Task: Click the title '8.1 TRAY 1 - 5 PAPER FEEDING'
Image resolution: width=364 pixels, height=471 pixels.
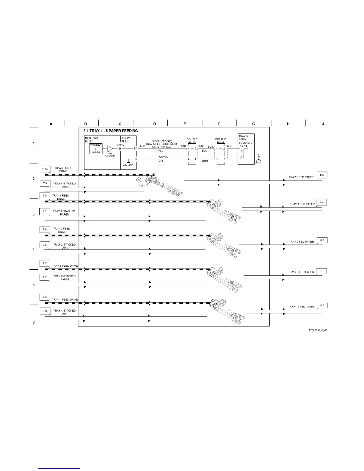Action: pos(111,131)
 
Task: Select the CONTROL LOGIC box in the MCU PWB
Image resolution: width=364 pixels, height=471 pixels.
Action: pos(96,149)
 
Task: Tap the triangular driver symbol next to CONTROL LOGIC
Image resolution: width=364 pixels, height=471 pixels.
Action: pos(110,149)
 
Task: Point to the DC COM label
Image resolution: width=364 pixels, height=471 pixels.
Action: pos(110,156)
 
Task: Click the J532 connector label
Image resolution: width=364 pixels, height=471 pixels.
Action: pos(142,146)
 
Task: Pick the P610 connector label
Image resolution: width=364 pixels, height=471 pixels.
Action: pos(183,146)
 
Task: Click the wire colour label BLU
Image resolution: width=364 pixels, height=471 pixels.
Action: pos(205,151)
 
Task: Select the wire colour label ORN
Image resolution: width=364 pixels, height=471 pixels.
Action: pos(205,161)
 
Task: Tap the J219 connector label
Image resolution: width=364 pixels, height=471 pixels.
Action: pos(230,146)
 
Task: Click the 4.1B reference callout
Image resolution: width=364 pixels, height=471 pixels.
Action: pos(45,169)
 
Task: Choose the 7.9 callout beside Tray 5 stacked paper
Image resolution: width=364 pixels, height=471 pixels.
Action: pos(45,183)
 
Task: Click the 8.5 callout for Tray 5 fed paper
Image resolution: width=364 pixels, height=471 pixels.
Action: pos(322,175)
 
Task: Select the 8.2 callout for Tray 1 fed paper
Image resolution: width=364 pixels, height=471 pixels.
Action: pos(321,202)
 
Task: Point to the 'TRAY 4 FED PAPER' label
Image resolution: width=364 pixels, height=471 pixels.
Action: pos(302,307)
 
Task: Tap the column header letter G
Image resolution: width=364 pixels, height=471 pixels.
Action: pos(254,124)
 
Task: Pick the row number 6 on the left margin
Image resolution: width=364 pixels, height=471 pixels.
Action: pos(34,322)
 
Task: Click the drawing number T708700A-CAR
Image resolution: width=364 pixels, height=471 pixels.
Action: pos(318,330)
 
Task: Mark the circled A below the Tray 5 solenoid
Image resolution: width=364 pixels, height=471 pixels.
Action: pos(259,162)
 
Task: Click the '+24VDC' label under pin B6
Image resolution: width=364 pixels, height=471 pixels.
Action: pos(128,165)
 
